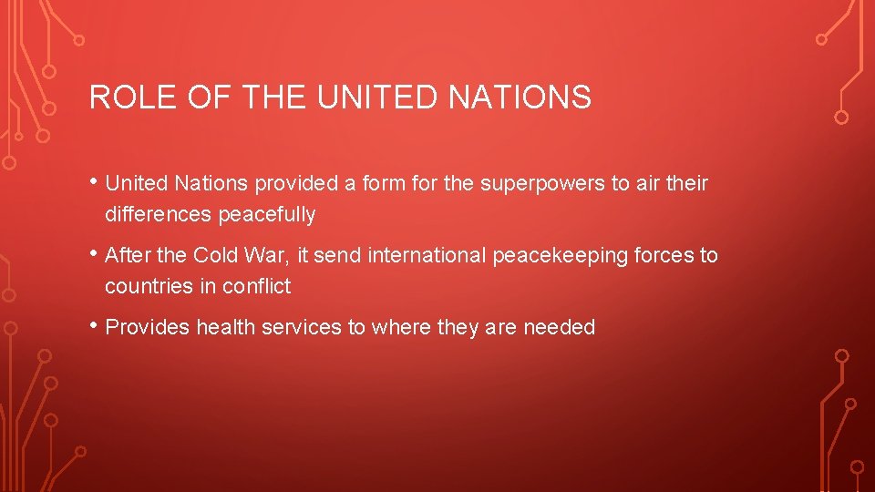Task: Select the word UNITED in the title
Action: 376,97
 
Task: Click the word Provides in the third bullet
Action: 142,328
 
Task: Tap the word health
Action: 221,328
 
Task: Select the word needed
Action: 559,328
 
